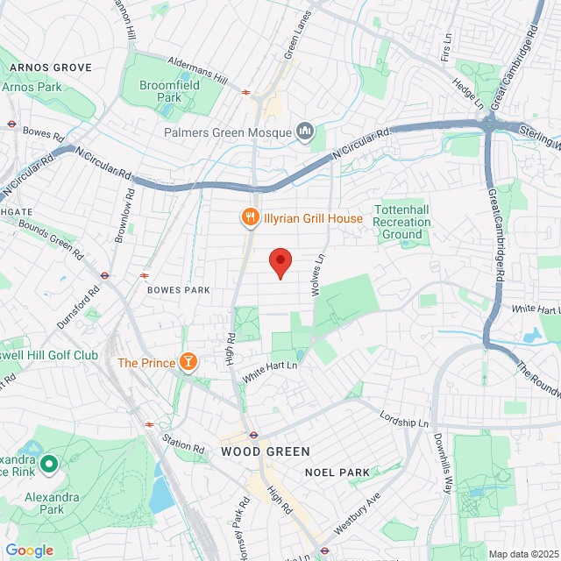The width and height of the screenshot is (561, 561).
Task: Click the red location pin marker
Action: (x=280, y=261)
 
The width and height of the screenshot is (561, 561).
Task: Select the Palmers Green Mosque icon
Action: (x=305, y=131)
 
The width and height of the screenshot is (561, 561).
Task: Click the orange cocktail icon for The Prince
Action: (x=187, y=361)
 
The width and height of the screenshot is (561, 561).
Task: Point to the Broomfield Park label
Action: (x=170, y=92)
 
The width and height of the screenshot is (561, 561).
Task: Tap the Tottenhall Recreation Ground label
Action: (x=402, y=223)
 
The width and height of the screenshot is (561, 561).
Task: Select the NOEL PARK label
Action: (x=337, y=472)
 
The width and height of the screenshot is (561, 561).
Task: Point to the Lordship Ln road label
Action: (x=406, y=415)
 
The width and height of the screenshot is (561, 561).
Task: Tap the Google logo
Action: (x=29, y=550)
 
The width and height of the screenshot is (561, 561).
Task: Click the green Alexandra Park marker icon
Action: (x=48, y=463)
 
